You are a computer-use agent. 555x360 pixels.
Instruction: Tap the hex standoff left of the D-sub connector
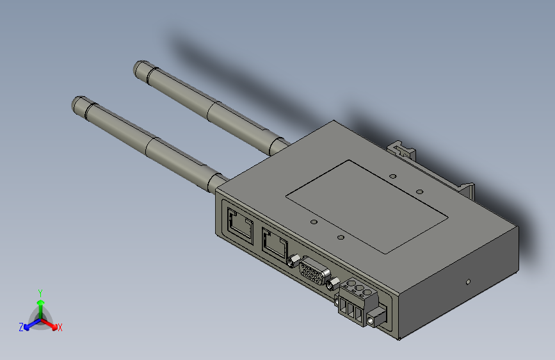click(x=294, y=260)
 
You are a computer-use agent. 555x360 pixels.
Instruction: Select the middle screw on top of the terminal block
click(x=359, y=292)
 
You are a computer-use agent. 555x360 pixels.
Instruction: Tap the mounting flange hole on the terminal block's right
click(x=373, y=318)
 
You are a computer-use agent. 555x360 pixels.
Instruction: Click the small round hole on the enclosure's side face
click(x=468, y=281)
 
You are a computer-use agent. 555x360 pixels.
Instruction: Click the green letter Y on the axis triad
click(x=40, y=292)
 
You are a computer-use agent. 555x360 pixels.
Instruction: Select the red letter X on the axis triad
click(x=60, y=327)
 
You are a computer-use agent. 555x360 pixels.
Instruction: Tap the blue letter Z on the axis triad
click(x=21, y=327)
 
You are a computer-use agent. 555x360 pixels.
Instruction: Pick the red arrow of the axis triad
click(x=51, y=324)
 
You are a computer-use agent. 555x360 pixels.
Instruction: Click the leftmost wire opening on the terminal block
click(x=343, y=308)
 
